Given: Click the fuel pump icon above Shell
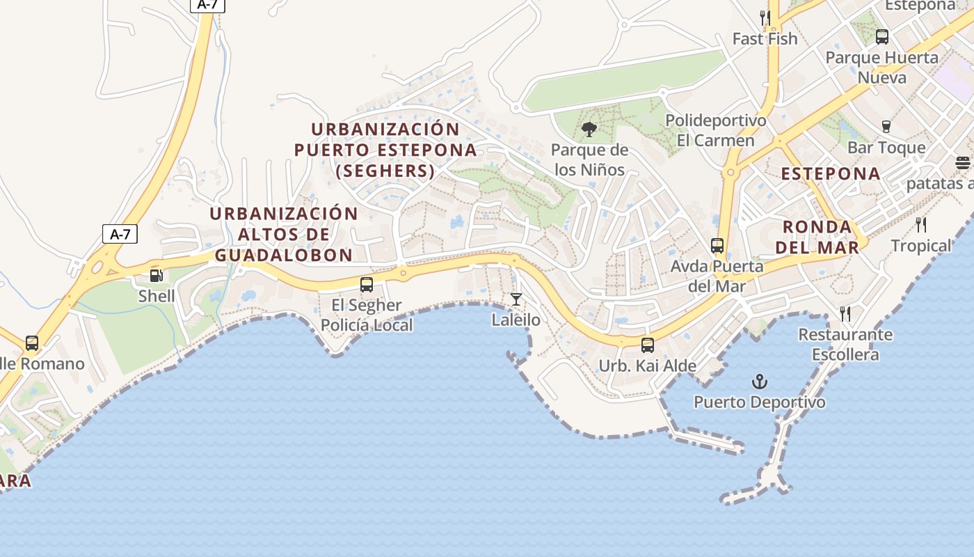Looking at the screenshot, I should coord(157,276).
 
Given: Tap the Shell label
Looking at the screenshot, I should coord(157,295).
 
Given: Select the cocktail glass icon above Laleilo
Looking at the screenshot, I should coord(516,299).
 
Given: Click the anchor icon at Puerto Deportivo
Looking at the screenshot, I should coord(760,382).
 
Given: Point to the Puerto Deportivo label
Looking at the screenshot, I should coord(760,402).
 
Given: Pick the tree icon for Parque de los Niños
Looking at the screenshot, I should coord(589,129).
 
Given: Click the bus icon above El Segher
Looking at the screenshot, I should coord(367,284).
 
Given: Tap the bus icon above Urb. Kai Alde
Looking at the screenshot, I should coord(648,345).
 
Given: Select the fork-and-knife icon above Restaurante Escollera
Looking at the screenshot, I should coord(845,314).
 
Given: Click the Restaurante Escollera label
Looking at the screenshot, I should coord(845,345).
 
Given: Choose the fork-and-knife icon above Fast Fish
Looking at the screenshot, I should coord(765,17).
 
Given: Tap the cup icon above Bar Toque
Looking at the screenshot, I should coord(886,127).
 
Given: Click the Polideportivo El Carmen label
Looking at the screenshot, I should coord(716,130).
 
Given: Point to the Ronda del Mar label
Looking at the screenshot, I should coord(817,237).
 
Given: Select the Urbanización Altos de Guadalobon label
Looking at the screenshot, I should coord(284,234).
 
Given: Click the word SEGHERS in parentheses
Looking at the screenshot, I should coord(385,171).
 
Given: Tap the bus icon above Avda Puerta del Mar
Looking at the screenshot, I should coord(717,246).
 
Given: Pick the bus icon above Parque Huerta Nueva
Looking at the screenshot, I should coord(882,37).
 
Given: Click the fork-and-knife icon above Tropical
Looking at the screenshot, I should coord(921,224).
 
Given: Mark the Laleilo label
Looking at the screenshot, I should coord(516,320).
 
